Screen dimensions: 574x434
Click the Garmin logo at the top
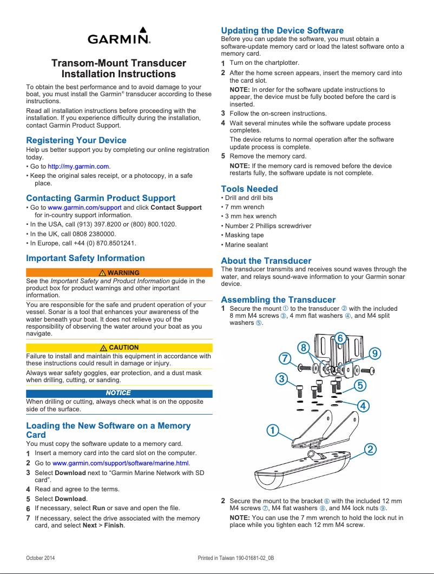click(x=119, y=37)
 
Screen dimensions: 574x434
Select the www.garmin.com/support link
click(x=84, y=208)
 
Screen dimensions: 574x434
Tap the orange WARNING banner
click(x=119, y=273)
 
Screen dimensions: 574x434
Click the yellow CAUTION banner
click(x=119, y=348)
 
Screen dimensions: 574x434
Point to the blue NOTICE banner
click(x=119, y=393)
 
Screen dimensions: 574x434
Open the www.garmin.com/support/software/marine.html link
click(x=120, y=463)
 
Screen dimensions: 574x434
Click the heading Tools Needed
click(x=249, y=189)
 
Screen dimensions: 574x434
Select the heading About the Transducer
click(x=266, y=261)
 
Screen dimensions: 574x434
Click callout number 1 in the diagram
click(x=272, y=430)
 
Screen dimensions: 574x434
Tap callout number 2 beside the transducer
click(x=371, y=449)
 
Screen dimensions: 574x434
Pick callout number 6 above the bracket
click(x=340, y=338)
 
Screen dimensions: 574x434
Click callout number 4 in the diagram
click(x=364, y=405)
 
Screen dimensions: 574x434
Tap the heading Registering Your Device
click(x=76, y=141)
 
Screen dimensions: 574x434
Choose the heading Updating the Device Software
click(x=282, y=30)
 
